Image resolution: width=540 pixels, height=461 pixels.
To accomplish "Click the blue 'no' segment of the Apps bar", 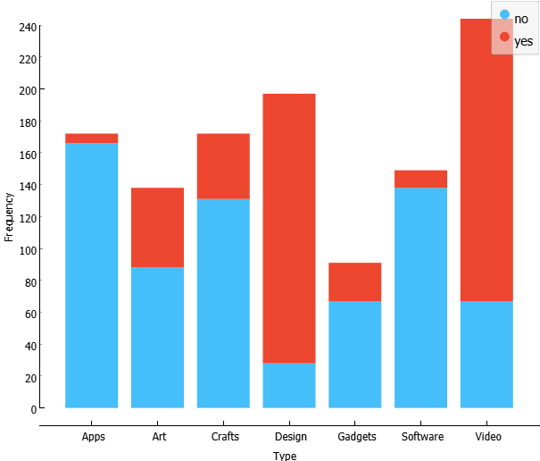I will (x=92, y=275).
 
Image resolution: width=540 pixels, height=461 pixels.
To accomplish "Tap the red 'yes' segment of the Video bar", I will (x=486, y=160).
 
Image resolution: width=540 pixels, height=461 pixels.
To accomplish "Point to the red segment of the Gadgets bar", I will (x=355, y=281).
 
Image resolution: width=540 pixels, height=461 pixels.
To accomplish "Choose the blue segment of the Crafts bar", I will (x=223, y=303).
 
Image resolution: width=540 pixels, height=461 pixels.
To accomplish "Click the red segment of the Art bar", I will (x=158, y=227).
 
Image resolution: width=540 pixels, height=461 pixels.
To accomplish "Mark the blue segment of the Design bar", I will (x=289, y=385).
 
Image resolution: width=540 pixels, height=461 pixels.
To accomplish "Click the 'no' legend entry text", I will (x=521, y=19).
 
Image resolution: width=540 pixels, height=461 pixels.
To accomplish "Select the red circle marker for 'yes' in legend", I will (x=505, y=38).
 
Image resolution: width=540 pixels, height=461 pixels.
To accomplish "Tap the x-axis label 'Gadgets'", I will (x=357, y=437).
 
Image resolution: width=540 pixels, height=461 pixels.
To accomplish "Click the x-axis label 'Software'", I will (x=422, y=437).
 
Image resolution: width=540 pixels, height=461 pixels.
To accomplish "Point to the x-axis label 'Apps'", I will (x=94, y=437).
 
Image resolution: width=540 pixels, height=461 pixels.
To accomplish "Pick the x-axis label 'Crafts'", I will (x=225, y=437).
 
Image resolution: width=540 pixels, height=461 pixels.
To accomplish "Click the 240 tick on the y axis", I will (x=27, y=27).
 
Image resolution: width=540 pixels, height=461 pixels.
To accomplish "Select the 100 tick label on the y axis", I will (x=27, y=250).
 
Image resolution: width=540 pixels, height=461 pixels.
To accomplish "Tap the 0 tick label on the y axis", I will (x=33, y=409).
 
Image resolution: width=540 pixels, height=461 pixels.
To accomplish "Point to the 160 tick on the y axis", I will (x=27, y=155).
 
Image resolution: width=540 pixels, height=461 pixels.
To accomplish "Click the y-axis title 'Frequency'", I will (x=9, y=216).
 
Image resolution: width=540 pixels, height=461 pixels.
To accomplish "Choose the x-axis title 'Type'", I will (x=285, y=455).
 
